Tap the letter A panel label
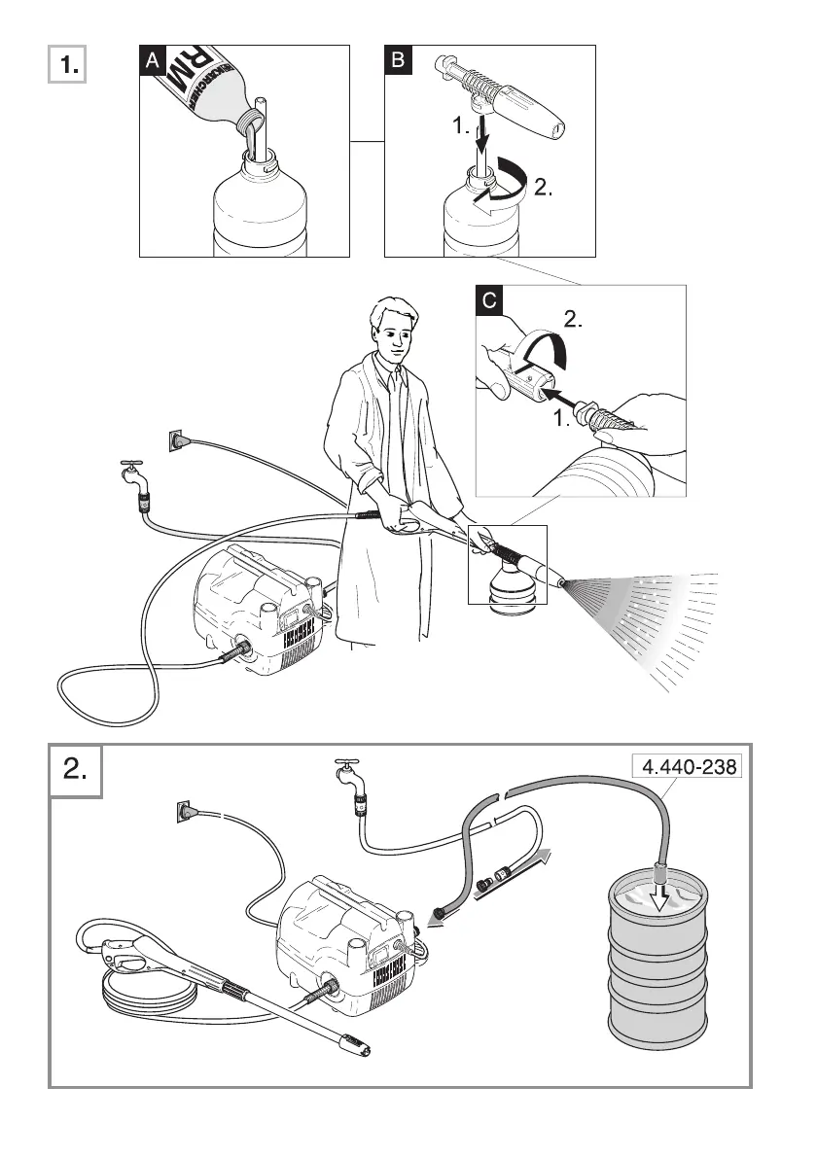tap(152, 60)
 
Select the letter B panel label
tap(399, 60)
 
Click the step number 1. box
tap(68, 67)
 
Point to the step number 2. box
tap(76, 772)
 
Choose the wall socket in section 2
tap(186, 812)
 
